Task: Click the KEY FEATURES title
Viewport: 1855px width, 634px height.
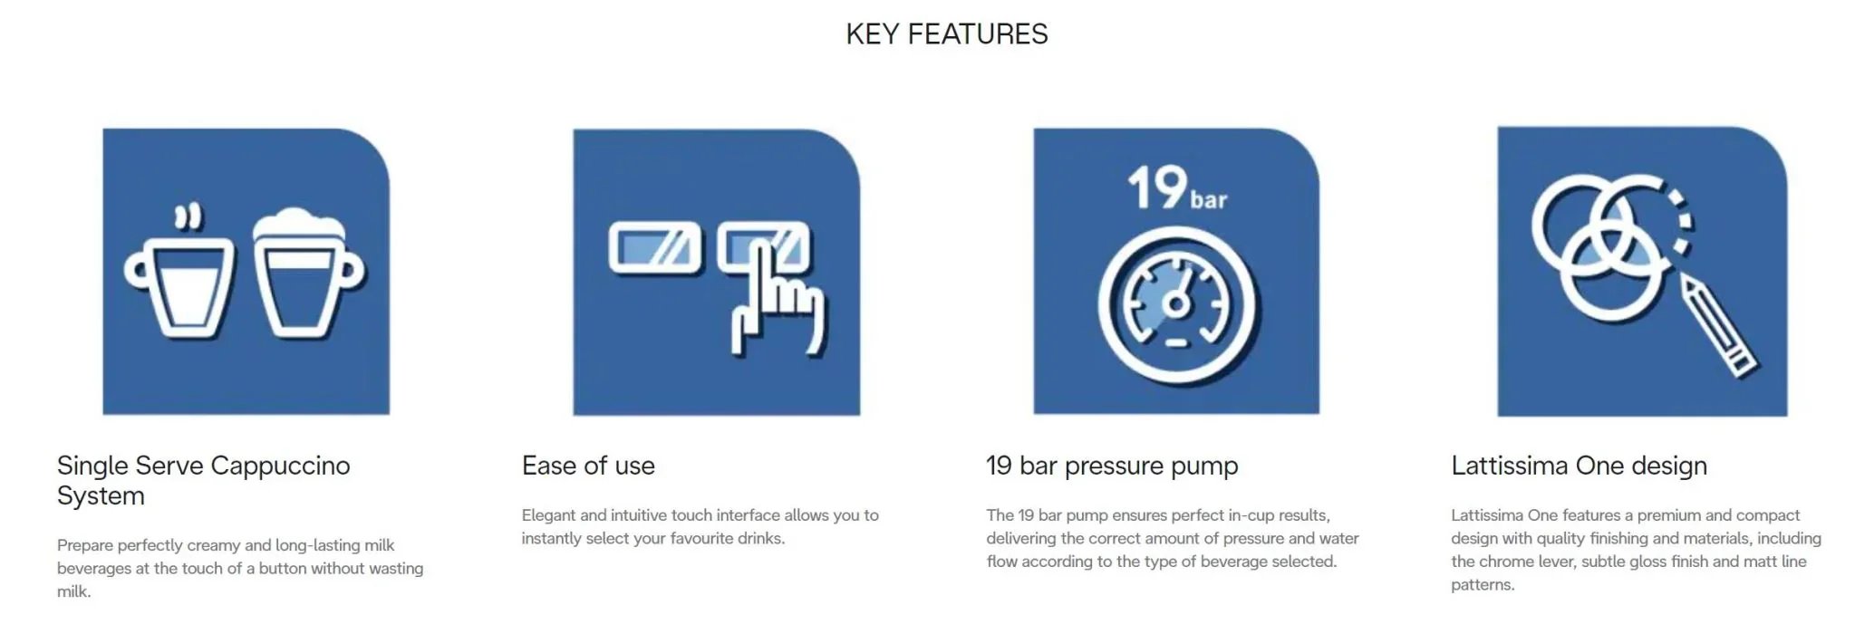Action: pyautogui.click(x=947, y=34)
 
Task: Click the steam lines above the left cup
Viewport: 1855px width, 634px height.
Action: pyautogui.click(x=188, y=217)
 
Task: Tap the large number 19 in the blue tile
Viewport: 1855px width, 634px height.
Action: pyautogui.click(x=1157, y=187)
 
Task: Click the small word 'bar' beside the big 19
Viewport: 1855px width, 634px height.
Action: pyautogui.click(x=1209, y=198)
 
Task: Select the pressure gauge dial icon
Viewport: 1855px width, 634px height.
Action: pyautogui.click(x=1176, y=306)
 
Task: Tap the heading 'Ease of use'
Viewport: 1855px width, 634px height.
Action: pyautogui.click(x=588, y=466)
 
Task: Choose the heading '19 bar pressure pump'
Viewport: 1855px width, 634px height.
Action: pyautogui.click(x=1112, y=466)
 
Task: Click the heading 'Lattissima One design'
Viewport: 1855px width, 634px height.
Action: pyautogui.click(x=1579, y=466)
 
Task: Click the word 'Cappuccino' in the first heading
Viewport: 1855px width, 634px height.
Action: pyautogui.click(x=280, y=466)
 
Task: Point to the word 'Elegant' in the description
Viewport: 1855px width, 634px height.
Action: pyautogui.click(x=548, y=515)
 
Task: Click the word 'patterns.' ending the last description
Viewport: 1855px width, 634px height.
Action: pyautogui.click(x=1483, y=585)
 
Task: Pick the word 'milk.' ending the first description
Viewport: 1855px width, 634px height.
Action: pyautogui.click(x=74, y=591)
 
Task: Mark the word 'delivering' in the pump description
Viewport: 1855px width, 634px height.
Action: pyautogui.click(x=1021, y=539)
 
